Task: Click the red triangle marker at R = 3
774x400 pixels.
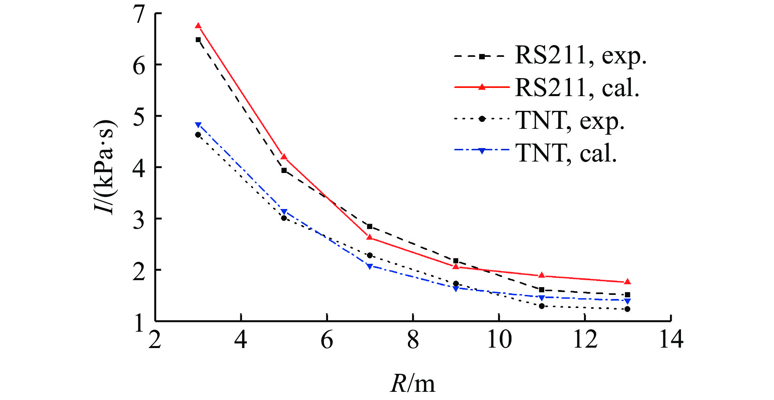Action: click(x=198, y=26)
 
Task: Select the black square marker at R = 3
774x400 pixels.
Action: click(x=198, y=40)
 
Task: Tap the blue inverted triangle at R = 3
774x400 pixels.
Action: click(x=198, y=125)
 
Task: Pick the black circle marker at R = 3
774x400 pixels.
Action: click(x=198, y=135)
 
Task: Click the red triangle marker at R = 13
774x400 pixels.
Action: click(x=627, y=282)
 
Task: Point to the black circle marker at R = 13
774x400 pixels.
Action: click(x=627, y=309)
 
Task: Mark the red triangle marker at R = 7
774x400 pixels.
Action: click(x=370, y=237)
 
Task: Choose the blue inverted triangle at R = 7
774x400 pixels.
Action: click(x=370, y=266)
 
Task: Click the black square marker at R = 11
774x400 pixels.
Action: click(x=541, y=290)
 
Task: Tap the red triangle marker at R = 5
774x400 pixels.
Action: click(x=284, y=157)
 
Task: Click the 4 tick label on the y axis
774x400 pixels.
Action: click(x=139, y=168)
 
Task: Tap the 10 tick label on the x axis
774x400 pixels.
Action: click(x=499, y=340)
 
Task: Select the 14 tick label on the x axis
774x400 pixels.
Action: click(x=671, y=340)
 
